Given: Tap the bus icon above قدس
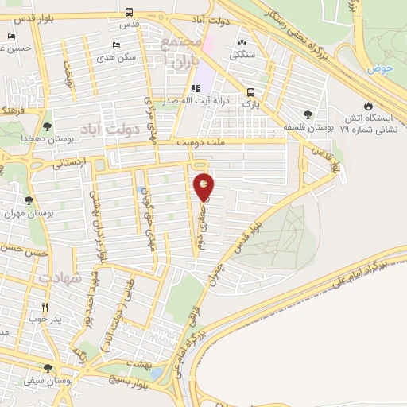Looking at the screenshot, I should point(130,12).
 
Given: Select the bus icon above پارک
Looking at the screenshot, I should point(250,91).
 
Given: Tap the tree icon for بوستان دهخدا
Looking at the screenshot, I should point(48,126).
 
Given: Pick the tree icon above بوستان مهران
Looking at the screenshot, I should point(29,201).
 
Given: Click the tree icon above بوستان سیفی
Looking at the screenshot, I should point(48,368).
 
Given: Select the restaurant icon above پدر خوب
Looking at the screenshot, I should point(45,308).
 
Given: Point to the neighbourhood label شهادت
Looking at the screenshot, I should point(60,281).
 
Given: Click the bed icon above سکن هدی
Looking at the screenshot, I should point(117,45).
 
